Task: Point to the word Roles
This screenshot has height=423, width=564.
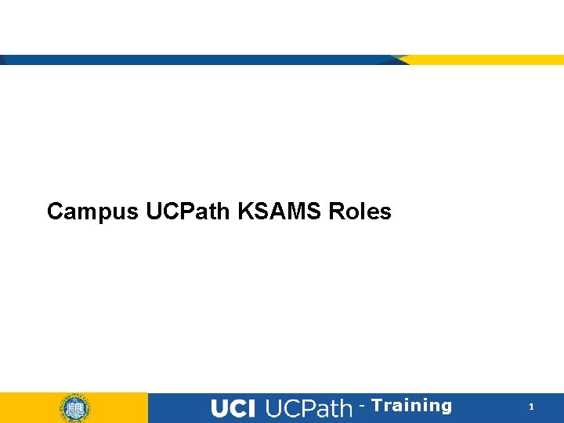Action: (360, 211)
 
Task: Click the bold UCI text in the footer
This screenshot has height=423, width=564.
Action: (233, 408)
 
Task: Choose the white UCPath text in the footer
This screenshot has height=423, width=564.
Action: (309, 408)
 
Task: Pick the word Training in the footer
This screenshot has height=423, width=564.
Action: (411, 406)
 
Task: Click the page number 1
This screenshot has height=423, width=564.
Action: (531, 407)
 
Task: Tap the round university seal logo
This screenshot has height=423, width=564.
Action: (74, 408)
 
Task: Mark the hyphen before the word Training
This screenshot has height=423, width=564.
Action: (362, 407)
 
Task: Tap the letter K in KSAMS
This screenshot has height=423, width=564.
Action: (237, 211)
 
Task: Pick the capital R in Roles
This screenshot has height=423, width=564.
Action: (337, 211)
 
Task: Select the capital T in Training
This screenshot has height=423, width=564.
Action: (377, 406)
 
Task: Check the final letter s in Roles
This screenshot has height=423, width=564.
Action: (385, 213)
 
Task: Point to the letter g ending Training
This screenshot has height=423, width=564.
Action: (446, 407)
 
